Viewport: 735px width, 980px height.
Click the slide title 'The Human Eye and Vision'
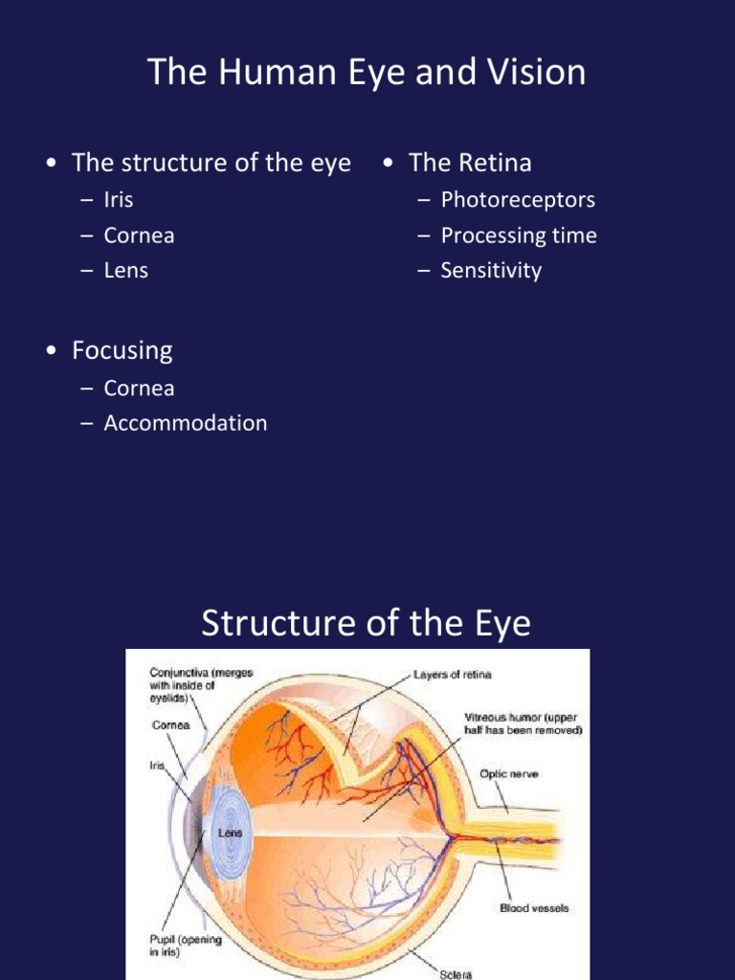pos(367,73)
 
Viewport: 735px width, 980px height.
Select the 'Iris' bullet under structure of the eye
pos(119,200)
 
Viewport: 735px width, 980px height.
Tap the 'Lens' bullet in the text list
pos(125,270)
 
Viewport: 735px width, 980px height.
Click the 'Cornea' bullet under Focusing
pos(139,388)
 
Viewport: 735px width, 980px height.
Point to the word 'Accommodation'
pos(185,422)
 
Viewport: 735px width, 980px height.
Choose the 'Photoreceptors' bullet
pos(517,200)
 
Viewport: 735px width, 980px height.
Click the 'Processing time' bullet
pos(518,235)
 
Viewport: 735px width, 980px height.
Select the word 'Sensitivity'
pos(490,270)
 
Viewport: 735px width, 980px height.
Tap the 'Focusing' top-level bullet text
pos(122,350)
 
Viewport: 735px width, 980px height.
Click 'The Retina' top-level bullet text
pos(469,163)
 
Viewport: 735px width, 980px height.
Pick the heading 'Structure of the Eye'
pos(366,623)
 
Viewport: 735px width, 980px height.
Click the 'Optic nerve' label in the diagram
pos(508,773)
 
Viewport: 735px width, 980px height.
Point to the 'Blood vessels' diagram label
pos(534,907)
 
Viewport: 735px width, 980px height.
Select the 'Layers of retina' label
pos(453,675)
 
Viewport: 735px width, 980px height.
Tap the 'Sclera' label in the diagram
pos(456,974)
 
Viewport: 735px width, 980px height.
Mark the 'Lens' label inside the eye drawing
pos(230,833)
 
